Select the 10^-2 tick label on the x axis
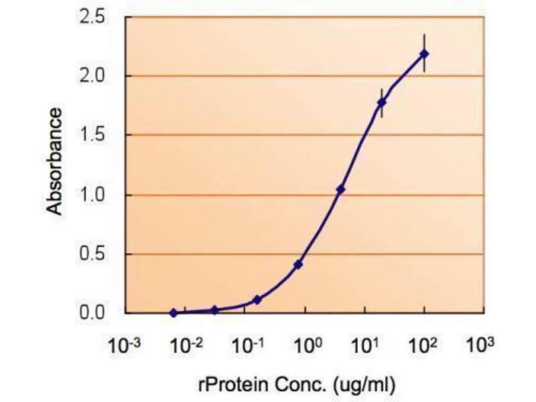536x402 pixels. click(x=185, y=346)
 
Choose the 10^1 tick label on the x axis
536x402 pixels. click(x=364, y=346)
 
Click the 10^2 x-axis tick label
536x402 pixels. click(x=423, y=346)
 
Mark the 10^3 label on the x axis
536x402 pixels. click(x=480, y=346)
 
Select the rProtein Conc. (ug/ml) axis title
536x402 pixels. click(x=296, y=385)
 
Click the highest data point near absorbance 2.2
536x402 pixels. click(x=424, y=54)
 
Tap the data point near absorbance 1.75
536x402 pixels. click(x=382, y=103)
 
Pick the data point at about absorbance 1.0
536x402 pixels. click(x=340, y=190)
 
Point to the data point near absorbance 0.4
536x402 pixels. click(x=298, y=265)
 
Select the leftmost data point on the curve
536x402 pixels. click(x=174, y=313)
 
